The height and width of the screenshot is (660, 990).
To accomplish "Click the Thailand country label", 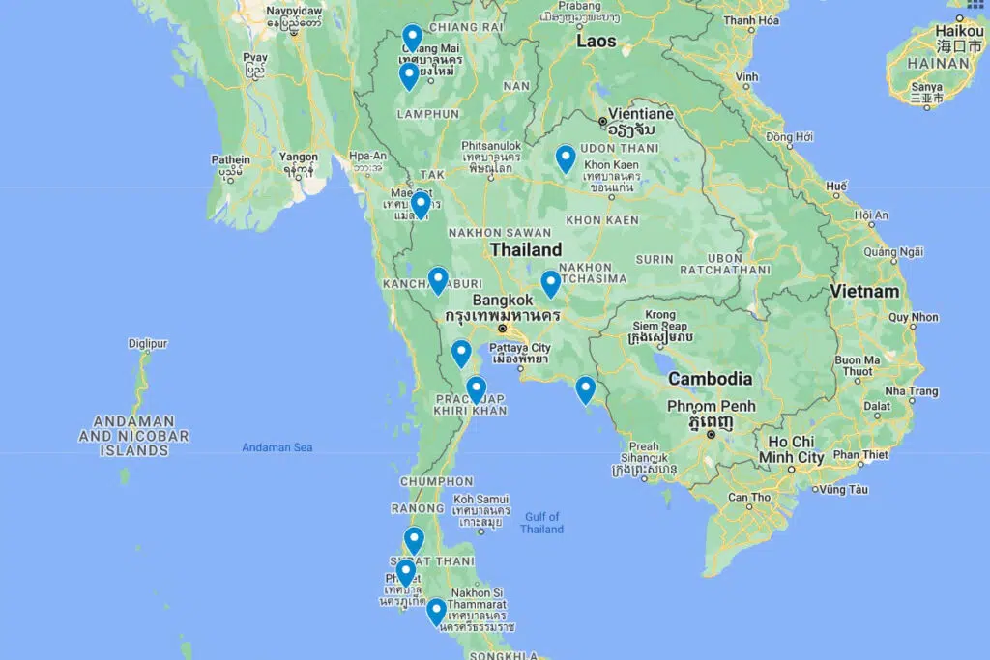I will click(x=525, y=249).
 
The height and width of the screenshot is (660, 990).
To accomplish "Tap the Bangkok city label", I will click(x=503, y=300).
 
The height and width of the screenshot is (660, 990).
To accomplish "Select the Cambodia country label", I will click(x=710, y=379).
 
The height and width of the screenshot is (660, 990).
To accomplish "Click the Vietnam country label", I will click(x=865, y=291).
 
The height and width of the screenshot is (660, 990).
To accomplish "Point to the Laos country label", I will click(x=597, y=42).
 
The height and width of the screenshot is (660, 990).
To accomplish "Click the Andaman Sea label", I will click(x=277, y=447).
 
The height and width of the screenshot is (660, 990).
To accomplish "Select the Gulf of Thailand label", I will click(x=541, y=523).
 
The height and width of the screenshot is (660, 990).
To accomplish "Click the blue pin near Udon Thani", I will click(x=566, y=158).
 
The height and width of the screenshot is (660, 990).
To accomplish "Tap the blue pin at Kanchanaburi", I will click(x=438, y=279).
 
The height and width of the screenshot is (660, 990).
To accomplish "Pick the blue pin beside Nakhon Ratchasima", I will click(x=550, y=282).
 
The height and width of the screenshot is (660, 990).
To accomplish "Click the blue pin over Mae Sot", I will click(x=420, y=205).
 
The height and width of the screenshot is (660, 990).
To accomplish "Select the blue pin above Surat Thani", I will click(x=414, y=539).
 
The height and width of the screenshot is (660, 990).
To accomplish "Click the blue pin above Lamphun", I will click(x=409, y=75).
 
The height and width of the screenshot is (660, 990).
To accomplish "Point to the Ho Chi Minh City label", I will click(x=791, y=449).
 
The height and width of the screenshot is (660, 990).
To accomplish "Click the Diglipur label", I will click(x=148, y=343).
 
